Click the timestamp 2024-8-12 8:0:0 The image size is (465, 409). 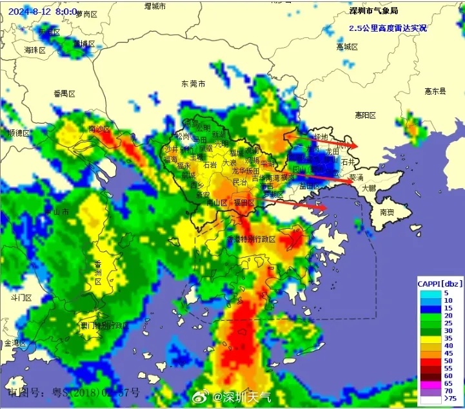(43, 12)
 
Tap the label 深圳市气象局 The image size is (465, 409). (372, 11)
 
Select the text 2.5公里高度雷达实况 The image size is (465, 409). (388, 28)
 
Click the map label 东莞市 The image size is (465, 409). (193, 84)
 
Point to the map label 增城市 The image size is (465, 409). (155, 6)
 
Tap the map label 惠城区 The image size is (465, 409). (347, 47)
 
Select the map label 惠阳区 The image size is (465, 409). (365, 115)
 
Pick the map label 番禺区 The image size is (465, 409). (64, 94)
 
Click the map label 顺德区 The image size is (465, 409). (19, 133)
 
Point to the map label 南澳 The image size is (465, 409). (387, 212)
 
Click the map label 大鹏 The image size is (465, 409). (369, 189)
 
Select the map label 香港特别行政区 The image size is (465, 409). (251, 239)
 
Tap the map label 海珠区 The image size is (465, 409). (35, 50)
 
